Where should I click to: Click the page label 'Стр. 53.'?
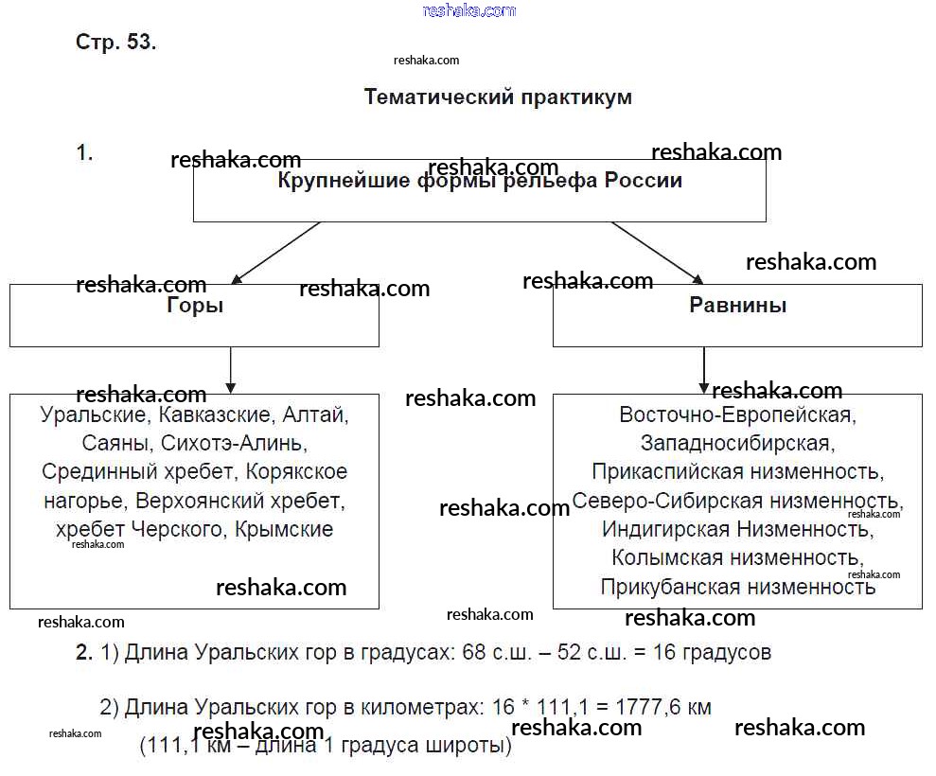115,43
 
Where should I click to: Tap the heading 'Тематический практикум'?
498,97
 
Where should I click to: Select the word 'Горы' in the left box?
194,306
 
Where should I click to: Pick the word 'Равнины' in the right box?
737,305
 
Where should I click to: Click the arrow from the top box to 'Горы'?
276,253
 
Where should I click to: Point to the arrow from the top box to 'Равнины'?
656,253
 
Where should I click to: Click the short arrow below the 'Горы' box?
231,370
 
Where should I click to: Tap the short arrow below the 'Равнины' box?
703,370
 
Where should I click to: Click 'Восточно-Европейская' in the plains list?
736,414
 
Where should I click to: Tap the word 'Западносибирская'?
736,443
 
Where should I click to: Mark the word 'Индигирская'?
666,529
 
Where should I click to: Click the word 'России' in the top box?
643,180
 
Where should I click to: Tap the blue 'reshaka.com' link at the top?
468,10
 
